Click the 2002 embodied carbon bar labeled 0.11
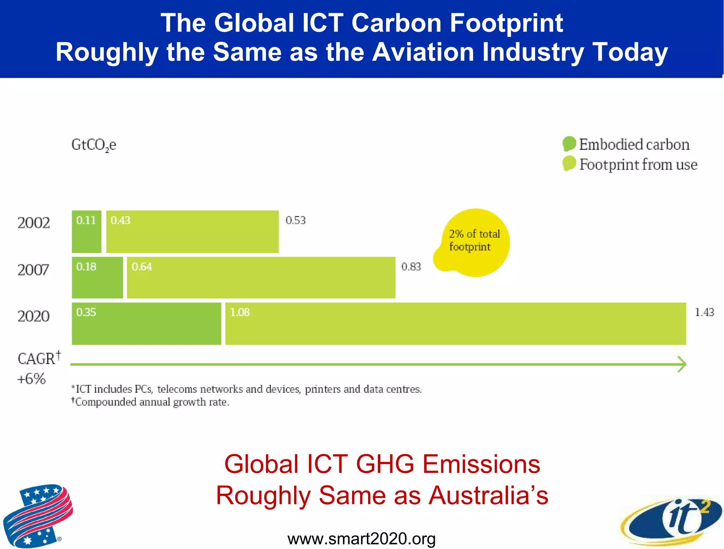(86, 232)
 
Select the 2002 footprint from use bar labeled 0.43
(192, 232)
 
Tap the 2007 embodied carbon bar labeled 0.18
(97, 278)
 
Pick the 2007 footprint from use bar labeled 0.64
(261, 278)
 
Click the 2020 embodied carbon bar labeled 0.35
(146, 324)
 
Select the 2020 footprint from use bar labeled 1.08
(455, 324)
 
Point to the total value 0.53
(295, 221)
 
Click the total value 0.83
(411, 267)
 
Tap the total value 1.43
(704, 313)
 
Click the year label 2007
(33, 270)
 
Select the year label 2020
(34, 316)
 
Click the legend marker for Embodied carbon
(569, 144)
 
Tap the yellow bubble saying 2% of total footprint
(474, 242)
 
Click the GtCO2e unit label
(94, 145)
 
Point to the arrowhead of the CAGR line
(682, 364)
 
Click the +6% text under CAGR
(31, 379)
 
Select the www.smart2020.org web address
(361, 539)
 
